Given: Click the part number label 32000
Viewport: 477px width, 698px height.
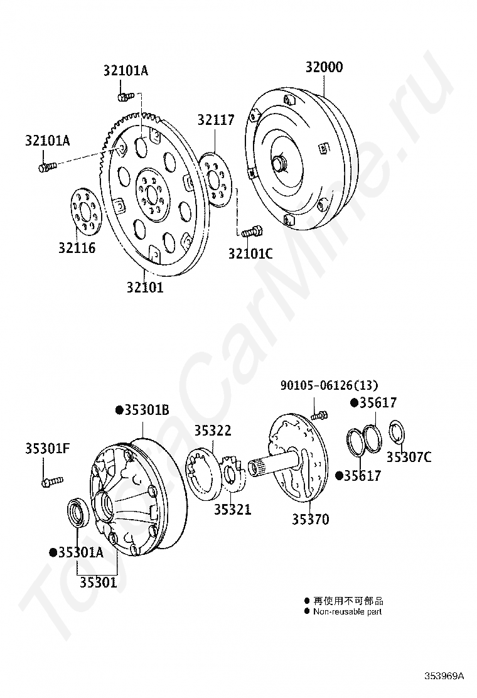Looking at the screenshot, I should [324, 68].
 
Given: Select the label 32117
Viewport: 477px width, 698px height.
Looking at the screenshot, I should [215, 120].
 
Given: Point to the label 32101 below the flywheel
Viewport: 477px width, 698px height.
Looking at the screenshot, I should [144, 288].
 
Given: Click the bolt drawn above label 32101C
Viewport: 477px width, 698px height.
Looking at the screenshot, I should [252, 232].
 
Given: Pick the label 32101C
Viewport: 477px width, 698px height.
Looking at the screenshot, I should [250, 254].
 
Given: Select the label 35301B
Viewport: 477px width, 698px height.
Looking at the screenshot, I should [146, 410].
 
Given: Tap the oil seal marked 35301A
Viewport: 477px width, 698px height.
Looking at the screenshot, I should [78, 512].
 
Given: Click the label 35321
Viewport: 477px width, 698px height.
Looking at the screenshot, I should [232, 509].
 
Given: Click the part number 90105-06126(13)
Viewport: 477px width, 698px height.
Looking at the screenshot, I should [329, 385].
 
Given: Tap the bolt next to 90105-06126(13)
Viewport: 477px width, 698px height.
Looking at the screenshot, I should [319, 414].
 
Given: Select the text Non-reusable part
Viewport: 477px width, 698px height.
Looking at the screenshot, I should [347, 611].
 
